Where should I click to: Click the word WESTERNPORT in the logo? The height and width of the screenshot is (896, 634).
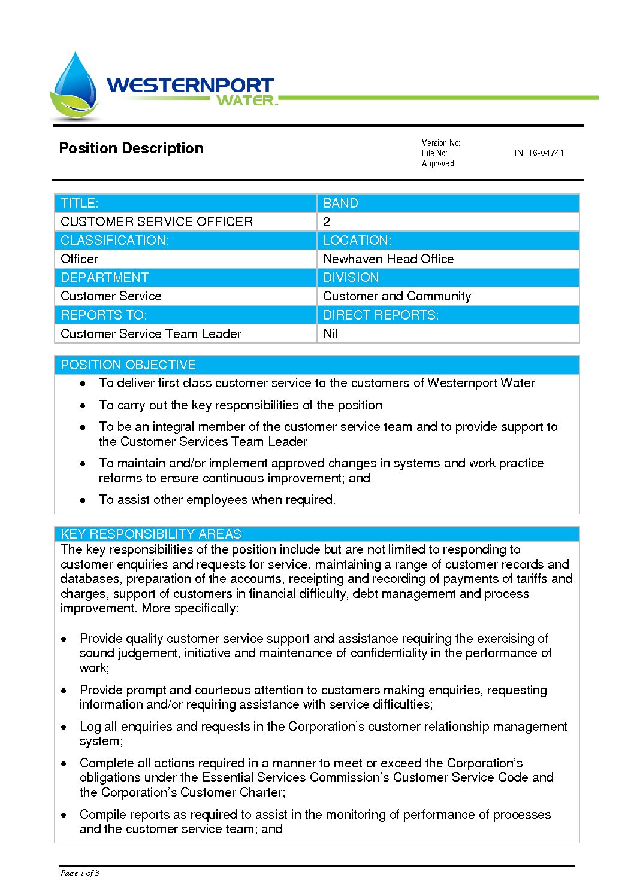(190, 85)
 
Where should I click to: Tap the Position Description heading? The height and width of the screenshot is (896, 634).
(131, 148)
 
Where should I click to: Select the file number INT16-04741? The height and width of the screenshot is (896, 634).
(539, 153)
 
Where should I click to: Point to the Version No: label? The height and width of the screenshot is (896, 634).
(440, 143)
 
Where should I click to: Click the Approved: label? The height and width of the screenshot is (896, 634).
(438, 163)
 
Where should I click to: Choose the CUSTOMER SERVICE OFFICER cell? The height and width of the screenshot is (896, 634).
(157, 222)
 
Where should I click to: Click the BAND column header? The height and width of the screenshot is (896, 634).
(340, 204)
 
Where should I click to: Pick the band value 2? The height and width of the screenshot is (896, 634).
(327, 222)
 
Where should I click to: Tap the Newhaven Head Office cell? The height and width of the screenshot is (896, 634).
(388, 259)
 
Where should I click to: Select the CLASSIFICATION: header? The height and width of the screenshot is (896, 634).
(114, 241)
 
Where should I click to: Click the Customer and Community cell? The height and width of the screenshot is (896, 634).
(397, 296)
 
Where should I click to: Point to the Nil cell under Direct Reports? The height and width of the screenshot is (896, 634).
(330, 334)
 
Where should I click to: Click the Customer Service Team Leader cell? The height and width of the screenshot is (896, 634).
(151, 334)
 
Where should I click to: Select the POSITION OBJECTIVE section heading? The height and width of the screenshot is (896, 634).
(128, 365)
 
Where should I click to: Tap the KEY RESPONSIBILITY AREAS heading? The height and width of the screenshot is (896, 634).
(151, 534)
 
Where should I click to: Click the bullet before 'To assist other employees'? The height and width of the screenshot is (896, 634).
(83, 500)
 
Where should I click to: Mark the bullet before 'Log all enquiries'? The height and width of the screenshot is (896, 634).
(64, 727)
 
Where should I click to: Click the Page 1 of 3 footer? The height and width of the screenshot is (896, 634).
(80, 873)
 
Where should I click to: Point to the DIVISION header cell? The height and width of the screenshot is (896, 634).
(351, 278)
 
